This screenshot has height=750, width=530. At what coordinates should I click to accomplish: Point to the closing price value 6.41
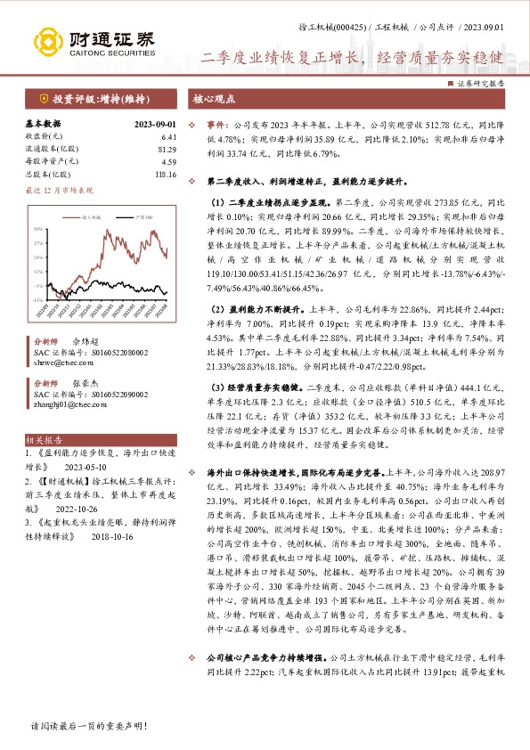click(x=169, y=137)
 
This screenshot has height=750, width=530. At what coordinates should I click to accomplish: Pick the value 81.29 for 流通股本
click(x=167, y=150)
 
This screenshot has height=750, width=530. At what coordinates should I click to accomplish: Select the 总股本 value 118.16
click(x=166, y=175)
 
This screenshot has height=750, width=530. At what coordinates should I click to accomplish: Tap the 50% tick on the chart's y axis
click(x=37, y=229)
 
